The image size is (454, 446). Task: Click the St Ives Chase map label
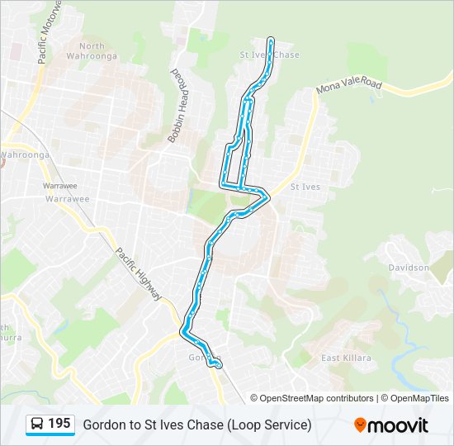pos(269,55)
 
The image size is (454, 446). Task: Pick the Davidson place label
pos(409,268)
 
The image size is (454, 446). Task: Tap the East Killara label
pos(346,358)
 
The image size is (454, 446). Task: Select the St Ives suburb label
pos(305,187)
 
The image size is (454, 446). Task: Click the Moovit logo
pos(391,425)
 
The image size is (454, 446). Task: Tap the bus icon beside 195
pos(36,425)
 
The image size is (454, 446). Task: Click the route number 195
pos(59,424)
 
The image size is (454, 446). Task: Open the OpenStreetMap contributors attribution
pos(317,398)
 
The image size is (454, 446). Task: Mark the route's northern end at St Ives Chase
pos(271,39)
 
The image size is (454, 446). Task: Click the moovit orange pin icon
pos(360,425)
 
